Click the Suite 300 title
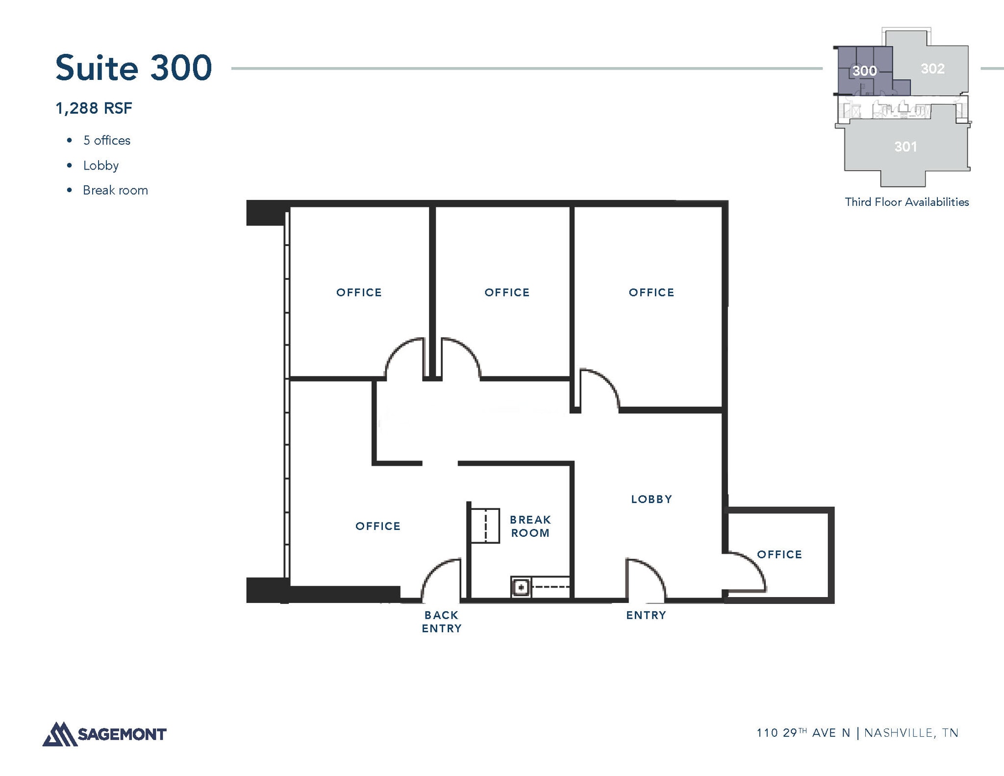click(x=133, y=68)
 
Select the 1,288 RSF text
click(x=94, y=108)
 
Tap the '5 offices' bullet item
click(x=106, y=141)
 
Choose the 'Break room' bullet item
click(x=115, y=190)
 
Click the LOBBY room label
click(x=651, y=499)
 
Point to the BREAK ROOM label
click(x=530, y=526)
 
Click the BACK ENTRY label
click(x=441, y=622)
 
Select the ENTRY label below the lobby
click(x=646, y=615)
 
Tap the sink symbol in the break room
click(x=521, y=587)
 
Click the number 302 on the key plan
click(x=932, y=69)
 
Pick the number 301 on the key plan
click(x=905, y=147)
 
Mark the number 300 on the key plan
click(x=864, y=71)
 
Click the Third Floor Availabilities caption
click(x=906, y=202)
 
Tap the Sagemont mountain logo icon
click(x=60, y=734)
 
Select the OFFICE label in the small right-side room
click(x=779, y=554)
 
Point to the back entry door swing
click(x=440, y=578)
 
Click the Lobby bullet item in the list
click(x=100, y=166)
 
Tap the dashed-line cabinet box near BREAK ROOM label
click(x=485, y=526)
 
